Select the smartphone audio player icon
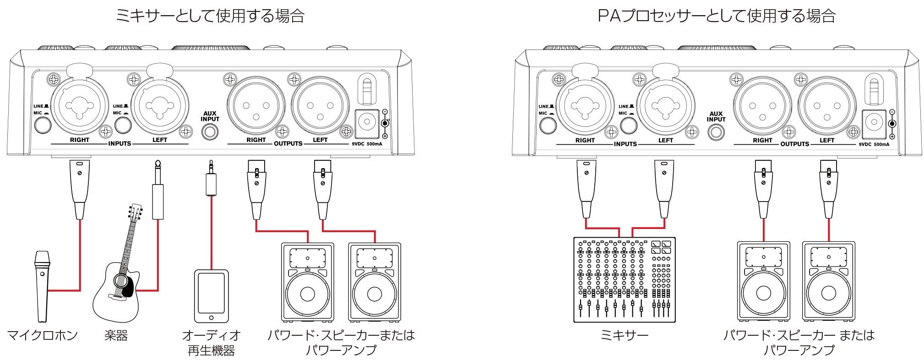pos(211,297)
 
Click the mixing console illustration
pos(624,279)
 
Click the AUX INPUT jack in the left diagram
pos(210,131)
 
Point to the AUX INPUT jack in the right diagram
pos(716,132)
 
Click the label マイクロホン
pos(43,336)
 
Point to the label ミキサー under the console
pos(624,336)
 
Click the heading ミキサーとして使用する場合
pos(210,16)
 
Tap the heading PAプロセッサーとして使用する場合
pos(717,16)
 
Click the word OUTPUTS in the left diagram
pos(288,143)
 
